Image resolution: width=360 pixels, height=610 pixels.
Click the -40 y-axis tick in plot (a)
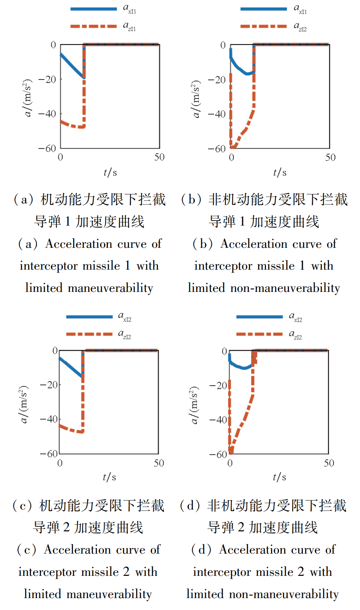tap(47, 114)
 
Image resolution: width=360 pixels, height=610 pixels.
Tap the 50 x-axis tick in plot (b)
tap(330, 158)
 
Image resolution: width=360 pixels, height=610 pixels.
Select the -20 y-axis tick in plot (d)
tap(218, 385)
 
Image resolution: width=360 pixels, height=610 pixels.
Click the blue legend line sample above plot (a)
tap(93, 9)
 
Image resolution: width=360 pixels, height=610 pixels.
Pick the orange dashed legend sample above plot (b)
tap(263, 26)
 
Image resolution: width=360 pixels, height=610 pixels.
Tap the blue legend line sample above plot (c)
tap(89, 317)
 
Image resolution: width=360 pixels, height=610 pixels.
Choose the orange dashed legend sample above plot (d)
tap(259, 334)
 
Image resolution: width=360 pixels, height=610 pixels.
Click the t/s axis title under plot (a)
tap(110, 172)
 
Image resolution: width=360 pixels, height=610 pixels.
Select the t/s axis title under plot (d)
tap(279, 477)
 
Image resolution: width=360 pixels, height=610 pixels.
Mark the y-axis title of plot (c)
tap(24, 404)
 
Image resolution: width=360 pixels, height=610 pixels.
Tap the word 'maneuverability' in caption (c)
tap(109, 594)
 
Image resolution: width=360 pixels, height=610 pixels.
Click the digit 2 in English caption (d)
tap(301, 572)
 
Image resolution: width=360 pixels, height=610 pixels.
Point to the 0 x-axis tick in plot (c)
tap(60, 463)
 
